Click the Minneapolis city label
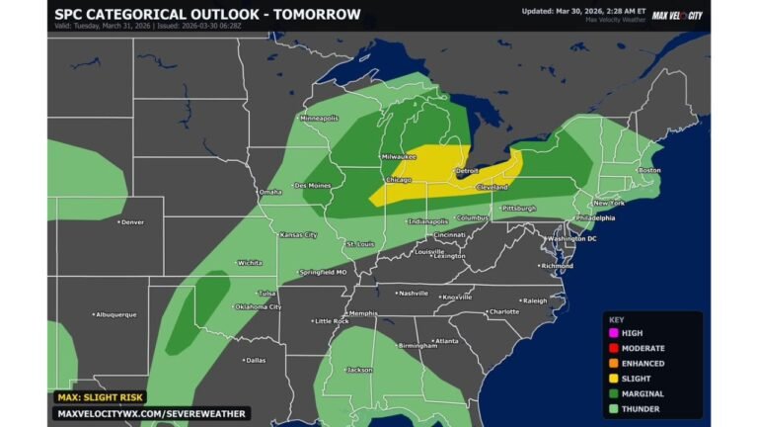319,118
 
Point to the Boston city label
648,170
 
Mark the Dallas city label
255,360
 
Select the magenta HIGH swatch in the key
614,334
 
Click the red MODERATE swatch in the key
614,349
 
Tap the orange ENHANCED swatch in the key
614,363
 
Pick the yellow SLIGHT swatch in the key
614,378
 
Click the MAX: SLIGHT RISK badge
102,396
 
